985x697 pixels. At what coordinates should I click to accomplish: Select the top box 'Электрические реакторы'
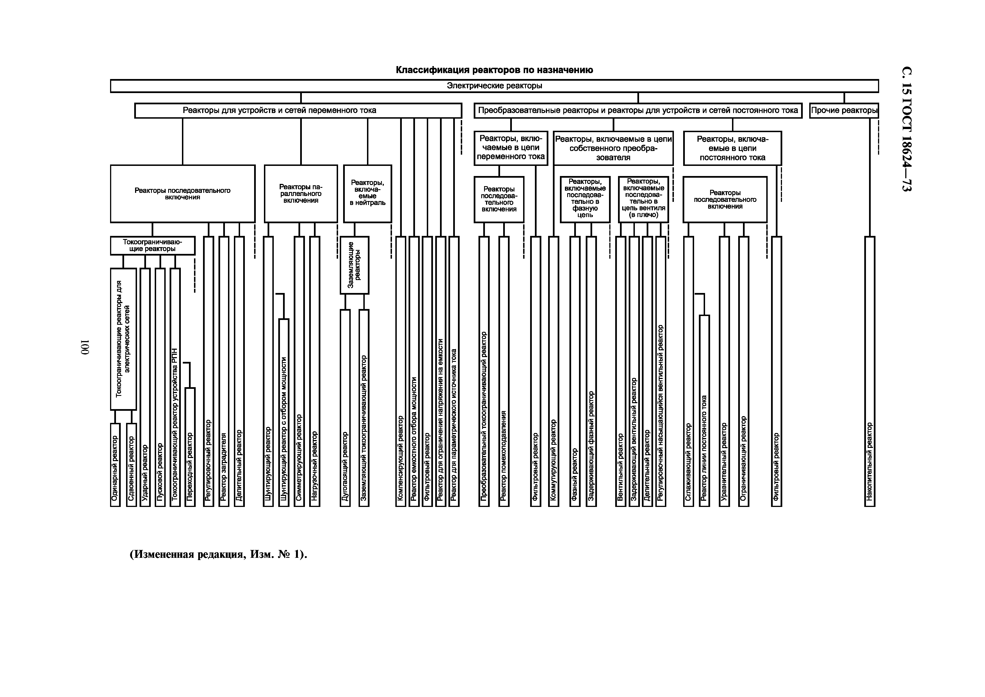point(494,86)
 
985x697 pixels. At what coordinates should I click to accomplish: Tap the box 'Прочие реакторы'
point(844,110)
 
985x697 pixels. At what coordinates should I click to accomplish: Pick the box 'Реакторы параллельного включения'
point(301,194)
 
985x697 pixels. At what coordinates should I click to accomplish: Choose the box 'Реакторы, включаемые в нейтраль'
point(367,194)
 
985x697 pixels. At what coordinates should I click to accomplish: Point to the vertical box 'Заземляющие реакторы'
point(354,265)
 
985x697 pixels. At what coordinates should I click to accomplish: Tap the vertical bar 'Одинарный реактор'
point(115,465)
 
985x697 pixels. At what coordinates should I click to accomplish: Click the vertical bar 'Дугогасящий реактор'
point(345,408)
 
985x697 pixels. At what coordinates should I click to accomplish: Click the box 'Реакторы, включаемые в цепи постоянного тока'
point(732,148)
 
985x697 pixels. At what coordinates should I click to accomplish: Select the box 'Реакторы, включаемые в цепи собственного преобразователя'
point(613,148)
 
